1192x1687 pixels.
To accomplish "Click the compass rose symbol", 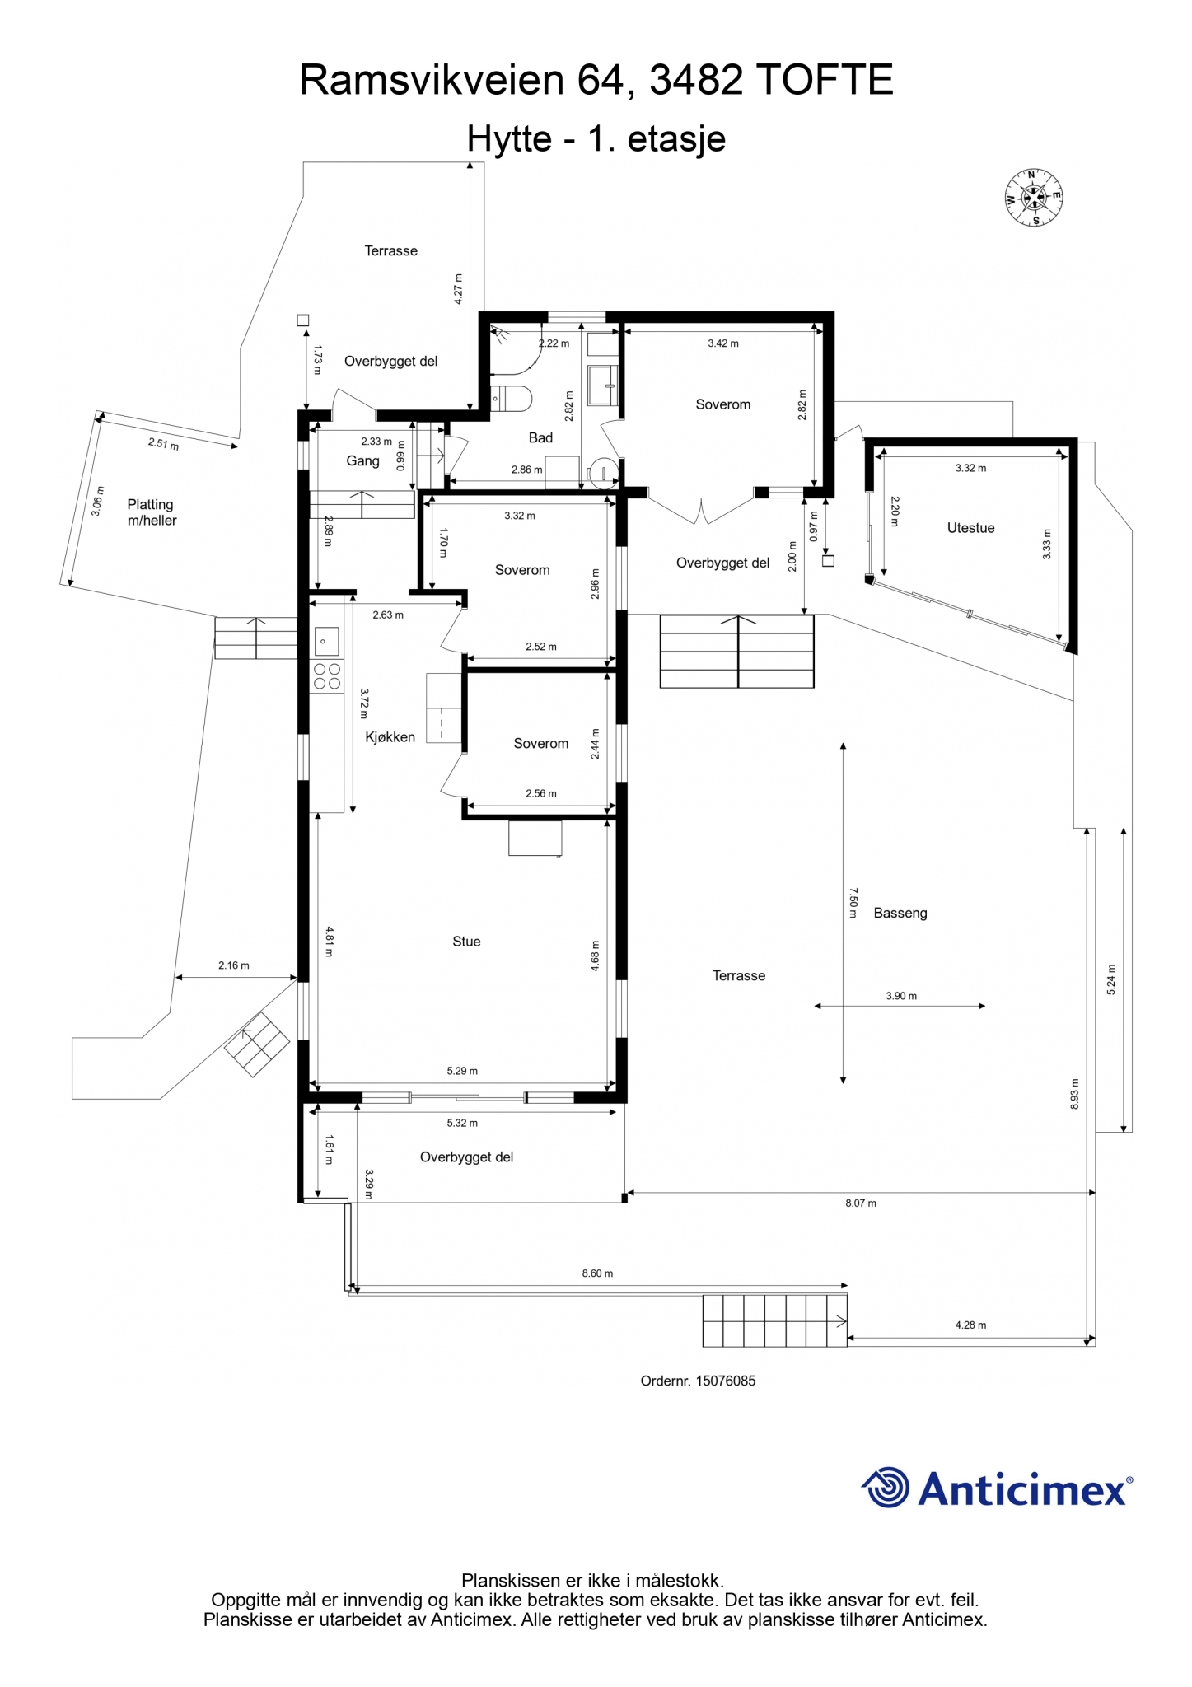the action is pos(1033,197).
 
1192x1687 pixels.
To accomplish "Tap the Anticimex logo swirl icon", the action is pos(886,1488).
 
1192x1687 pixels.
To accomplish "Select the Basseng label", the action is pos(900,913).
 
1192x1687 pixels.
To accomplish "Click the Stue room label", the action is pos(466,942).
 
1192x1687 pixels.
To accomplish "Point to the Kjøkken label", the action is pos(390,737).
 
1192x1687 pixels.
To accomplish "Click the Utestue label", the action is pos(970,528).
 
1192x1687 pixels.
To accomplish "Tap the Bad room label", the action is pos(540,437).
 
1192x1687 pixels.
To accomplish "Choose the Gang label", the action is pos(362,461).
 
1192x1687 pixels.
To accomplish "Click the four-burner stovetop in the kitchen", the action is pos(327,676).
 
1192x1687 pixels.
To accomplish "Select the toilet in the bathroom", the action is pos(511,399).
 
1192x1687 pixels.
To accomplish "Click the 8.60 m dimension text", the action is pos(597,1273).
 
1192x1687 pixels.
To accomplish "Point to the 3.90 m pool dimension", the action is pos(901,996).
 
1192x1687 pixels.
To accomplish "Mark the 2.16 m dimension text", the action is pos(233,965).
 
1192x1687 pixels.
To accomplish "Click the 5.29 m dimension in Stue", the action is pos(462,1071).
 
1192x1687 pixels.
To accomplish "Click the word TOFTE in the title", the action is pos(824,81).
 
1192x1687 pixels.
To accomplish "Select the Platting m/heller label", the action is pos(152,512).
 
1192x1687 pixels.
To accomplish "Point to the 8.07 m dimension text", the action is pos(861,1203).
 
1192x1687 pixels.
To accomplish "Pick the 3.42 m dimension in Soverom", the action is pos(723,343).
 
